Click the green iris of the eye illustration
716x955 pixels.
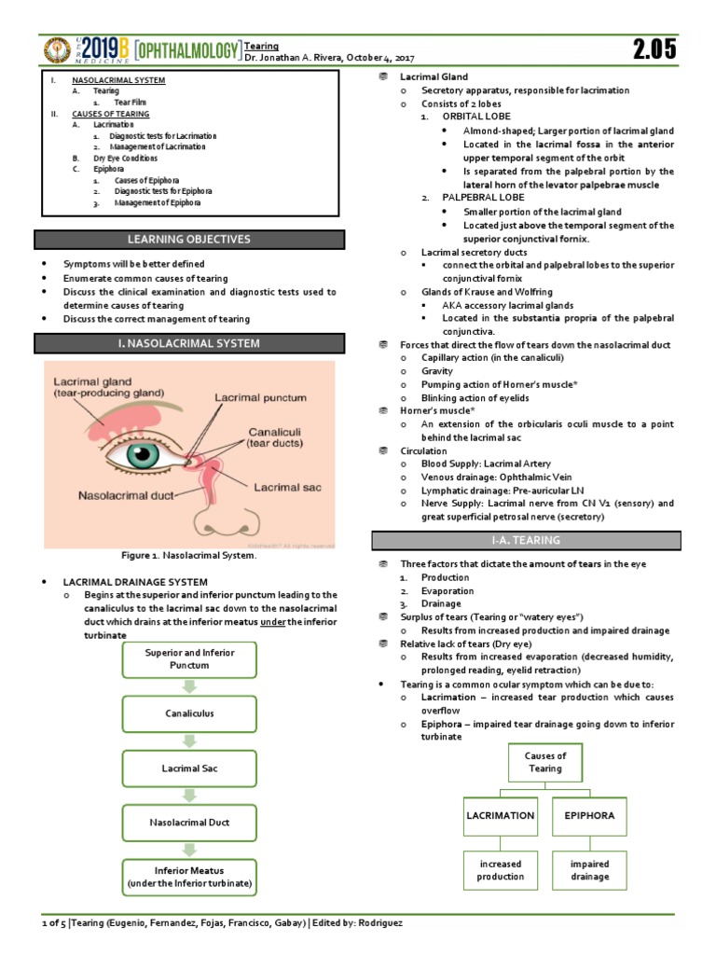pos(145,458)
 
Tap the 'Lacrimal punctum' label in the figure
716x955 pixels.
pos(261,398)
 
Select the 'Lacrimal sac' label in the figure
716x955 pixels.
pos(289,486)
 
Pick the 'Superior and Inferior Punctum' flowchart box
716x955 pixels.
pos(189,659)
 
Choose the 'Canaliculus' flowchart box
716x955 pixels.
pos(189,713)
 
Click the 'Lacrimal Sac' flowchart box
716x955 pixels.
pos(189,768)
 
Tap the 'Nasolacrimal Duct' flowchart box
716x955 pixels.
pos(189,823)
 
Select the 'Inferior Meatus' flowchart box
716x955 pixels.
pos(189,877)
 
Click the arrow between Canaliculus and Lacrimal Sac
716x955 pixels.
pos(189,741)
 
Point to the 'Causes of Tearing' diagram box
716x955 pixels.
pos(545,762)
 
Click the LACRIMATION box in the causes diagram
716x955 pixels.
pos(501,815)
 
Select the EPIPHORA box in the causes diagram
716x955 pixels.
pos(590,815)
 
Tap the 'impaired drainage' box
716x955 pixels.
pos(590,870)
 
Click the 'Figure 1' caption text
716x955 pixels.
pos(188,556)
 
